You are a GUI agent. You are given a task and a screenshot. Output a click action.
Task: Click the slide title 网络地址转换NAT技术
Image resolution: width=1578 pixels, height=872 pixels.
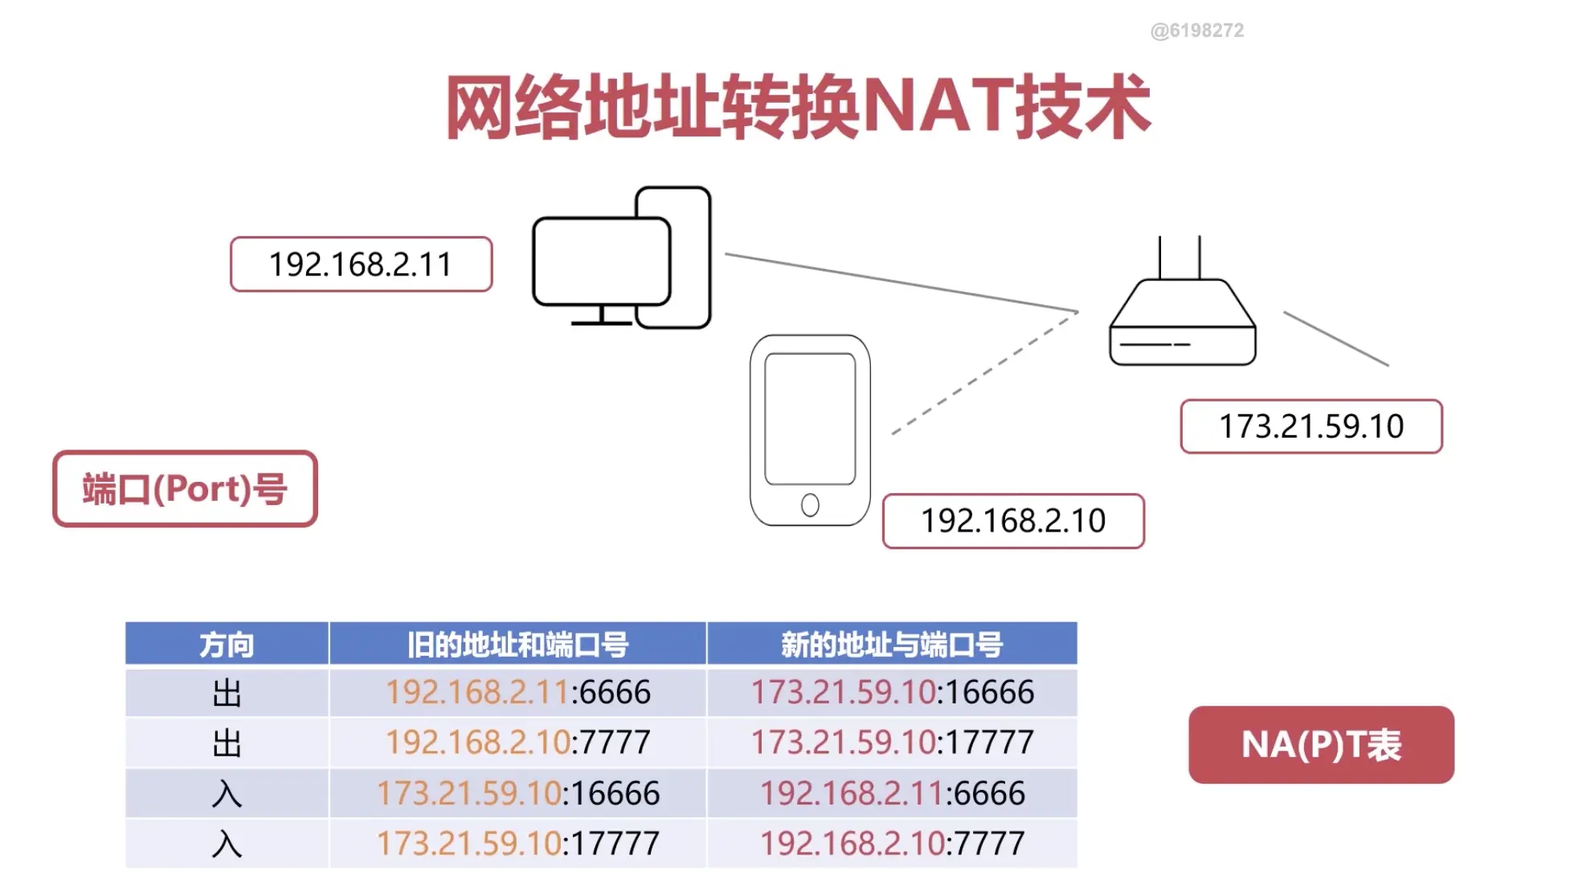798,107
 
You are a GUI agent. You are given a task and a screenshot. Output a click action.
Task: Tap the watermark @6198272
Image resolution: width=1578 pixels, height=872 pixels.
1196,31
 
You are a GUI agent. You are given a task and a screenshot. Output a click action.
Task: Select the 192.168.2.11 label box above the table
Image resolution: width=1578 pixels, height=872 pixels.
361,264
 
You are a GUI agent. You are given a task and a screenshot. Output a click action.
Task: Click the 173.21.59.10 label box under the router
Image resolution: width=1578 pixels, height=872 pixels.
1310,426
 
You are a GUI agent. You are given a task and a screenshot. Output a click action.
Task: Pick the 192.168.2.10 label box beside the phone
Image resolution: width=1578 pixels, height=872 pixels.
1012,521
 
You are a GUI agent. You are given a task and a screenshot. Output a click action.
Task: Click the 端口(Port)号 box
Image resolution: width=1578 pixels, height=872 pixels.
185,489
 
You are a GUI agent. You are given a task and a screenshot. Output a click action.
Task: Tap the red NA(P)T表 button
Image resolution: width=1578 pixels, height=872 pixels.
1321,744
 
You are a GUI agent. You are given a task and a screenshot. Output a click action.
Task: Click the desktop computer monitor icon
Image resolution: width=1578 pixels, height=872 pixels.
601,262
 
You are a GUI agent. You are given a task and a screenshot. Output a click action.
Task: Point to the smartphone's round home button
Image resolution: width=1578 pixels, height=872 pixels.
810,505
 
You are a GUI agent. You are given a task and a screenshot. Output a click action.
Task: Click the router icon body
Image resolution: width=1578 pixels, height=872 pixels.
1182,329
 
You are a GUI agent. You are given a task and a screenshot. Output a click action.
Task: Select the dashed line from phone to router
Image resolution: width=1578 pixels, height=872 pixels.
984,373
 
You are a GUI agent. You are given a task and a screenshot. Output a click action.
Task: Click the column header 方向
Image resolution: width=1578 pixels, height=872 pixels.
227,644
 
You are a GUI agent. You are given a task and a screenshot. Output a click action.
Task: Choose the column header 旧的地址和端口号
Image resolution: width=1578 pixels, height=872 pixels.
517,644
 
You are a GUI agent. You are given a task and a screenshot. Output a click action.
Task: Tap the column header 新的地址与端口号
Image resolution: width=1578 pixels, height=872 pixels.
891,644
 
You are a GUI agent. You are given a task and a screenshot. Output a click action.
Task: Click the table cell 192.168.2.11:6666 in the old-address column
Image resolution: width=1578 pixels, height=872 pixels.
517,692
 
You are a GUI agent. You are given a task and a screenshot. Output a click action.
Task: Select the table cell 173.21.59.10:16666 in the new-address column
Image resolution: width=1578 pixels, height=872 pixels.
892,692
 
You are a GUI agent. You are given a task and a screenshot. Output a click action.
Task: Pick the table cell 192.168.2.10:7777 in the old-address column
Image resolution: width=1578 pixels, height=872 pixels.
517,742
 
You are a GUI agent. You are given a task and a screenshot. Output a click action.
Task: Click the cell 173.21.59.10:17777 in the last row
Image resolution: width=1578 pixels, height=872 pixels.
517,843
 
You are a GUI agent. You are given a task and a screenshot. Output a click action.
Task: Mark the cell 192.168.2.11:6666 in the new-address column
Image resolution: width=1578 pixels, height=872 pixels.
892,793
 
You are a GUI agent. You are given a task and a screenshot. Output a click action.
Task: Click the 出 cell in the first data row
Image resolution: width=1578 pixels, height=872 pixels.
227,692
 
